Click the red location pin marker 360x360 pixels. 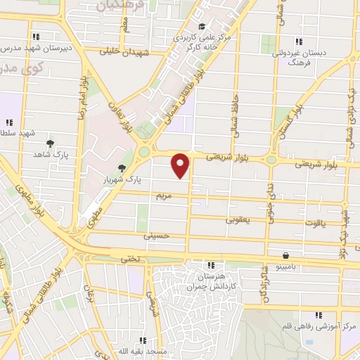click(x=181, y=165)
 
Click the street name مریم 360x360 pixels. click(x=163, y=198)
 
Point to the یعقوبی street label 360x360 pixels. click(x=238, y=219)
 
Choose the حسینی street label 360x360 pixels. click(x=157, y=236)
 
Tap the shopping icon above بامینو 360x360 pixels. click(x=285, y=256)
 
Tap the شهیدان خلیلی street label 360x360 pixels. click(x=126, y=51)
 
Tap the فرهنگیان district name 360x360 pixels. click(x=116, y=6)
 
